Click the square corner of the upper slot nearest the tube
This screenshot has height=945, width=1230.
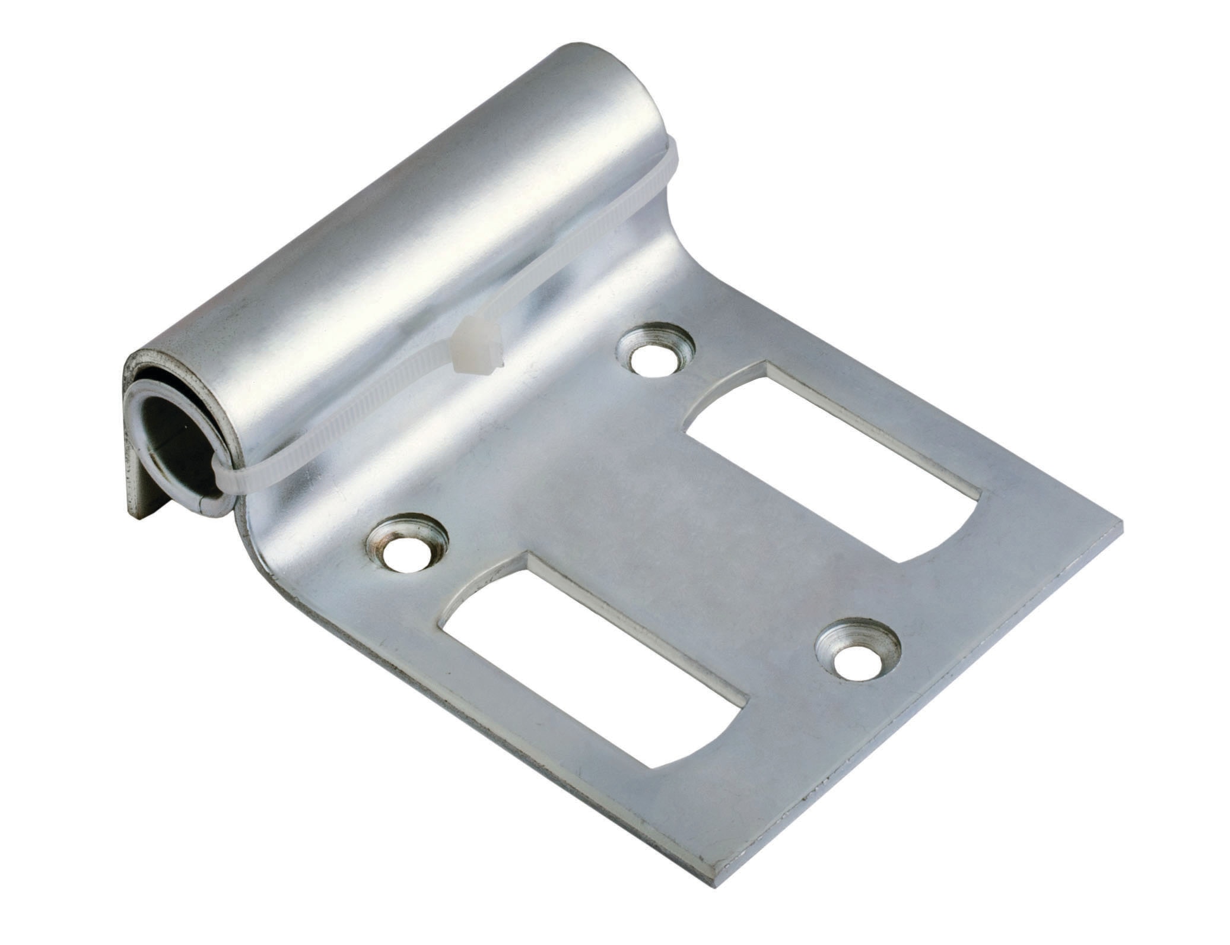point(765,366)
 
